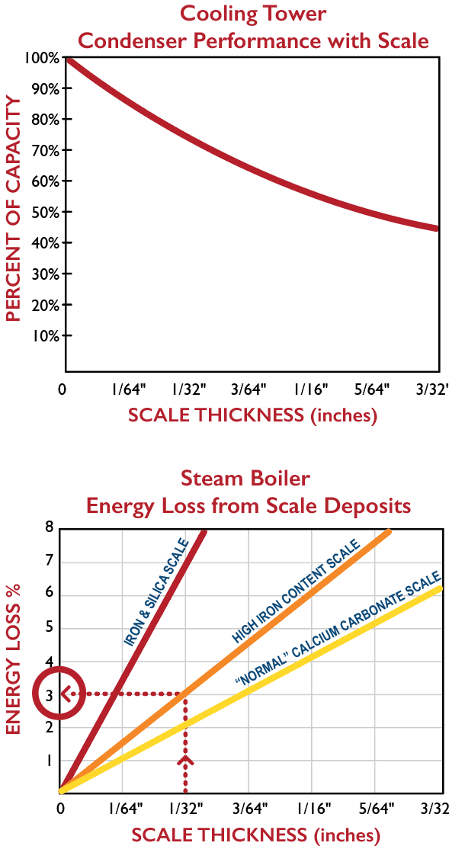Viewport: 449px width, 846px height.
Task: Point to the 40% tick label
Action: click(47, 243)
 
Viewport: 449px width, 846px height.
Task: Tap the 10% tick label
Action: click(47, 335)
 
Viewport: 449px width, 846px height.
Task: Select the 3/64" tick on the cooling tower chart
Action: click(249, 389)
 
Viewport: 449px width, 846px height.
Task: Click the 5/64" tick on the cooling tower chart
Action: click(374, 389)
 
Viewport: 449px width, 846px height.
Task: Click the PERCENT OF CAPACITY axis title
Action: click(14, 210)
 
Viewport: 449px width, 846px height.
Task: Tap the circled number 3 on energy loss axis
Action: click(49, 694)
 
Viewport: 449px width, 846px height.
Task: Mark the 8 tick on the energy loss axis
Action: click(49, 527)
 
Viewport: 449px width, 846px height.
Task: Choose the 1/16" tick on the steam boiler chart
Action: click(313, 807)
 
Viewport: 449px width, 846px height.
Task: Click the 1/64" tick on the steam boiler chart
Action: click(125, 807)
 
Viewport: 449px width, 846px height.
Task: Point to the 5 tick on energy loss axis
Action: click(49, 628)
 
